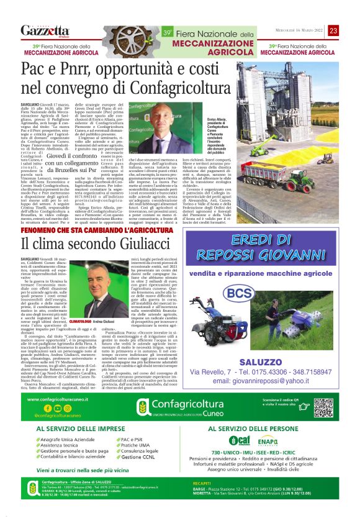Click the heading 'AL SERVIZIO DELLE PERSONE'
[x=269, y=446]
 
